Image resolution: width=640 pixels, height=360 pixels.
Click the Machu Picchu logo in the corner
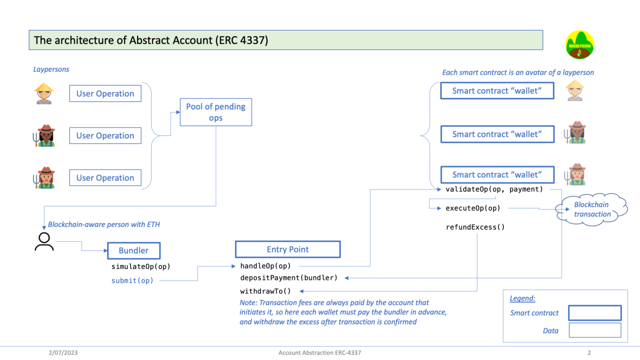pos(580,45)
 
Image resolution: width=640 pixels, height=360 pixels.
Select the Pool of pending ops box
pos(216,112)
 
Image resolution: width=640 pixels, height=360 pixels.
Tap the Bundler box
pos(134,250)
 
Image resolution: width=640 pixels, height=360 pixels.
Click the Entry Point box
pos(288,249)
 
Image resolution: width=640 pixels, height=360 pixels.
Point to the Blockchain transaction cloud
pos(592,209)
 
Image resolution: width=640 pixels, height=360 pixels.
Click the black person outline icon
pos(45,241)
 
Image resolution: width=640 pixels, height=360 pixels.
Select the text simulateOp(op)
pos(141,266)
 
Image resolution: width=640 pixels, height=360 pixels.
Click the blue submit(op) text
pos(133,280)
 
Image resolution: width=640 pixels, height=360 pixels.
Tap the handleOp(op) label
pos(265,265)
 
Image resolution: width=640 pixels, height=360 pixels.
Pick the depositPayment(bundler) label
pos(289,277)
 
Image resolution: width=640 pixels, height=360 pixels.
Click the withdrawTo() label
pos(265,290)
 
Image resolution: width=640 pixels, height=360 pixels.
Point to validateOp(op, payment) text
pos(494,189)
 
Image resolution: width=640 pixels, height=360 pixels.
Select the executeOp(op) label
pos(473,208)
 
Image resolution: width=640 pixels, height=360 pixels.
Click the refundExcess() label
pos(475,227)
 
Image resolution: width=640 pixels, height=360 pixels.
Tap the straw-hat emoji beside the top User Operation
pos(44,93)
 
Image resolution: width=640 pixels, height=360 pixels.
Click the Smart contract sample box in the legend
pos(595,313)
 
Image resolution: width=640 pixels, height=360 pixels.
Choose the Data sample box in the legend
pos(595,330)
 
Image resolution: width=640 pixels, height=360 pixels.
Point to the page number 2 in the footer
pos(589,352)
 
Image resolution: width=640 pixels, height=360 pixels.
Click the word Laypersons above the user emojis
pos(51,69)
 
